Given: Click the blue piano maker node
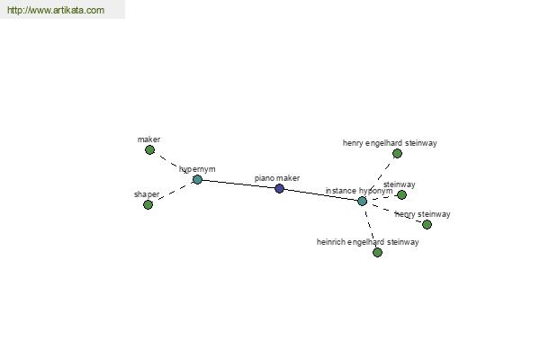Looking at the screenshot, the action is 279,188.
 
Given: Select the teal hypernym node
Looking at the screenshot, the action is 197,179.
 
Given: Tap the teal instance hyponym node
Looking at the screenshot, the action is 362,202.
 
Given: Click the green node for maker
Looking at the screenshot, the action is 149,150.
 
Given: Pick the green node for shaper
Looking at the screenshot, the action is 148,205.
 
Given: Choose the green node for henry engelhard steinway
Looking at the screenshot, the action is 398,154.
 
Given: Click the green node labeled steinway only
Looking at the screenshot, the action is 402,195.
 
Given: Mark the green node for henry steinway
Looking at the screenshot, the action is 427,225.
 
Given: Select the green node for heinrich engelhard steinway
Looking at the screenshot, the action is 377,253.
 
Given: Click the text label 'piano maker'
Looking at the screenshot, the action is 277,178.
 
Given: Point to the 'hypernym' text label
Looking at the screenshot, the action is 197,169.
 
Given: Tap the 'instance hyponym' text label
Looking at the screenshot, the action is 359,191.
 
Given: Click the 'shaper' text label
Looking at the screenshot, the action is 147,194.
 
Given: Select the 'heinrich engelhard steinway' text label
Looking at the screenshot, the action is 368,242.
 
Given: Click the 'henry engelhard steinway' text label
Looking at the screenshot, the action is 390,143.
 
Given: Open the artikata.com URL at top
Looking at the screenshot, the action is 56,10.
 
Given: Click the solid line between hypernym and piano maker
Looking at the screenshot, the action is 238,184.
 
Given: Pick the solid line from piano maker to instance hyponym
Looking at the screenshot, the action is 320,194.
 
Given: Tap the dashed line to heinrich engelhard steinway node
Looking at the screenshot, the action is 370,227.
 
